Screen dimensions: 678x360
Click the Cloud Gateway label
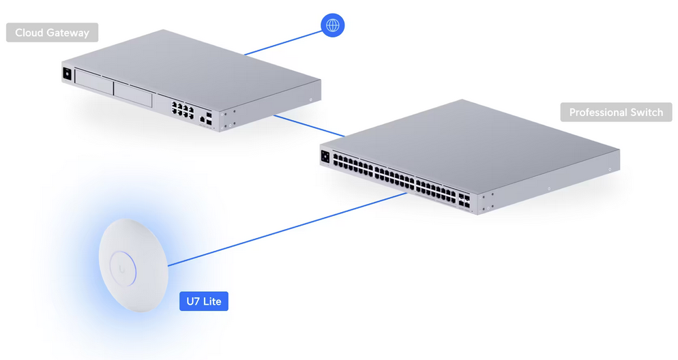pyautogui.click(x=53, y=33)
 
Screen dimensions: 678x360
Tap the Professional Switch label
pyautogui.click(x=616, y=112)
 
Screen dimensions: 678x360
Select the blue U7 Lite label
pyautogui.click(x=204, y=301)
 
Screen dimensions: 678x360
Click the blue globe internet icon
pyautogui.click(x=332, y=25)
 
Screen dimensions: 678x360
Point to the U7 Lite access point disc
pyautogui.click(x=133, y=265)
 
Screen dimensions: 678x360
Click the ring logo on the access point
pyautogui.click(x=123, y=269)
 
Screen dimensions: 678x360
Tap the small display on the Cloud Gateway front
pyautogui.click(x=67, y=74)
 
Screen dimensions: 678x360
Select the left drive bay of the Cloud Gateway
pyautogui.click(x=94, y=81)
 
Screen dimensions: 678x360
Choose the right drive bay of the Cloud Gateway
pyautogui.click(x=133, y=94)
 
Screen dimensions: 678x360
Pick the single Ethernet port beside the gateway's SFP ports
pyautogui.click(x=202, y=119)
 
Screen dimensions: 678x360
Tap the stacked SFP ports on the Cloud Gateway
pyautogui.click(x=209, y=119)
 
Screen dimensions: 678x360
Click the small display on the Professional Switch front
pyautogui.click(x=325, y=156)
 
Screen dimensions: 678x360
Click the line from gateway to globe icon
pyautogui.click(x=283, y=43)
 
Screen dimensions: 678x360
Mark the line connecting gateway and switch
pyautogui.click(x=310, y=125)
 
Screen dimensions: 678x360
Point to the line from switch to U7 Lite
pyautogui.click(x=288, y=230)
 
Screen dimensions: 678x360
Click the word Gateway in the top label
pyautogui.click(x=68, y=33)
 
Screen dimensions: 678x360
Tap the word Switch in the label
pyautogui.click(x=647, y=112)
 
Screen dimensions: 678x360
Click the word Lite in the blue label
pyautogui.click(x=212, y=301)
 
